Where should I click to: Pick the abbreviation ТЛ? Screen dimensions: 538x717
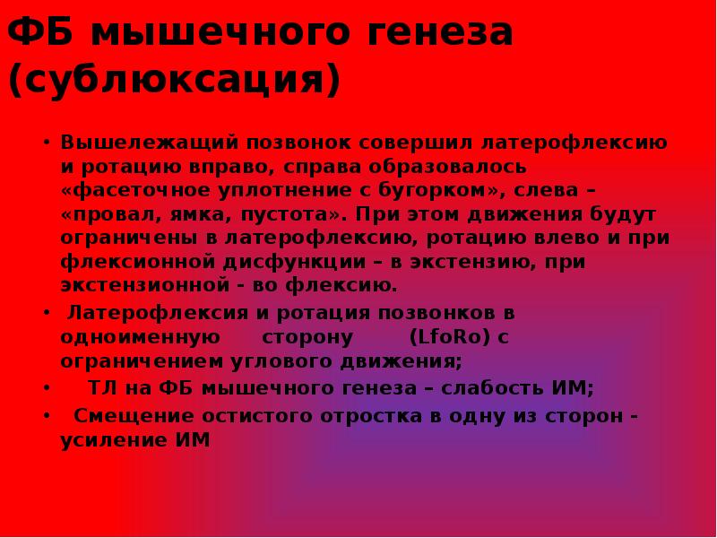[x=99, y=388]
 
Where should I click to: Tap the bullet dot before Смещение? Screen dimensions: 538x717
[x=46, y=417]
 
